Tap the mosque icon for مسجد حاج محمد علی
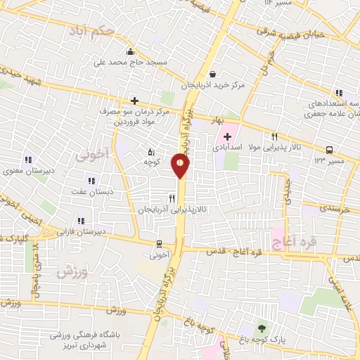(x=130, y=51)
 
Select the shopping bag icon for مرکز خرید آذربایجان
(x=212, y=74)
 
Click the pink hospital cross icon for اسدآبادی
(x=226, y=136)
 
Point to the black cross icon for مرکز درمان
(x=134, y=101)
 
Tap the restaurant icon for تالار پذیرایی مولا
(x=275, y=137)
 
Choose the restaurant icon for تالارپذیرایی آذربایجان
(x=172, y=199)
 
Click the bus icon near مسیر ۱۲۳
(x=329, y=150)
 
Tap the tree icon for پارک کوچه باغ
(x=263, y=328)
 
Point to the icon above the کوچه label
(x=151, y=151)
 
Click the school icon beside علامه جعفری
(x=340, y=93)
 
